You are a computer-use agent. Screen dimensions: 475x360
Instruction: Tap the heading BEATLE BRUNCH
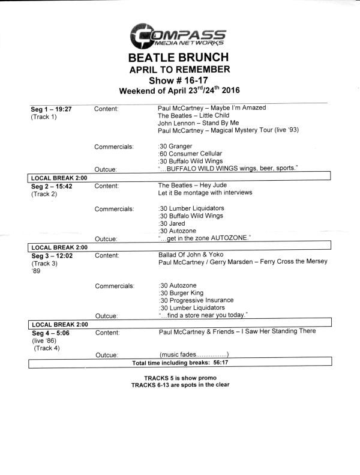(179, 58)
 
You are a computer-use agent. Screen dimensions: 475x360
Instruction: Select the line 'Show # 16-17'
(179, 80)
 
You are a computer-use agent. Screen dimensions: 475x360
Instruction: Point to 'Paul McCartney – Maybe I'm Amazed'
(211, 108)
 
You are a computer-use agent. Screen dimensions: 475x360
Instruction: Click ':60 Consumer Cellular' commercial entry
(190, 153)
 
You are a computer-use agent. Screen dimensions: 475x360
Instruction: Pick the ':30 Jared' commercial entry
(173, 223)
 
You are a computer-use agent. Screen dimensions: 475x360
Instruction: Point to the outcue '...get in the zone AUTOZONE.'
(204, 238)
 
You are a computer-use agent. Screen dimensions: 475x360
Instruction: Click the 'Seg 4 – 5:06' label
(50, 331)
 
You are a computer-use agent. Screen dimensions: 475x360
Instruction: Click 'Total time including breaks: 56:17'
(179, 363)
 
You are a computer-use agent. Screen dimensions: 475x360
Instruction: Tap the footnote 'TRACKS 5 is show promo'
(180, 378)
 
